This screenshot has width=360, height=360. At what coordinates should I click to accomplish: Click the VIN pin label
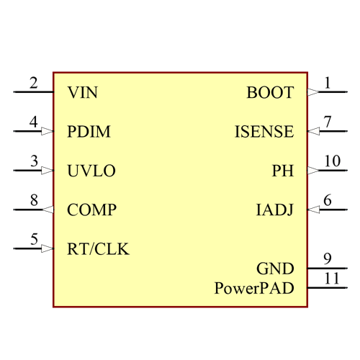82,93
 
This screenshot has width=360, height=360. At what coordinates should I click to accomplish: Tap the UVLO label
91,171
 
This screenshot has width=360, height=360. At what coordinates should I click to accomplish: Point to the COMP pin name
91,210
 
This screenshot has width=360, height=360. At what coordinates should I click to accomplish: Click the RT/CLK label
98,249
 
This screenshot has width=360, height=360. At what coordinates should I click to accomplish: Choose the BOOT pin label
270,93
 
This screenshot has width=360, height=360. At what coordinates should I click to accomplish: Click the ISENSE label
264,132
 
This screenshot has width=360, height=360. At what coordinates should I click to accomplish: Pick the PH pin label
283,171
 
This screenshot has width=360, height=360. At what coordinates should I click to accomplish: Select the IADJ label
275,210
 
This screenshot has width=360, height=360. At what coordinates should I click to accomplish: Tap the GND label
275,269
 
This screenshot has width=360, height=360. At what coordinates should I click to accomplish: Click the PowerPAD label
254,288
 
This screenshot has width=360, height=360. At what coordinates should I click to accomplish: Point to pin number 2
33,83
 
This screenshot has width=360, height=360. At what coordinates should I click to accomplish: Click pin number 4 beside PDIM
33,122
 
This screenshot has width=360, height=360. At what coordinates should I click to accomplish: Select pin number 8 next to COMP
34,200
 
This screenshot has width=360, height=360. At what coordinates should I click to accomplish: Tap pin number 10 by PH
331,161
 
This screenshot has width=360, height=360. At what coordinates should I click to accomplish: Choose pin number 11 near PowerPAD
331,278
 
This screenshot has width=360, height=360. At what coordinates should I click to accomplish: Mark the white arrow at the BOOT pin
312,92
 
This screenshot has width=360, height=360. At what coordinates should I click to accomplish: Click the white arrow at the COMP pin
48,210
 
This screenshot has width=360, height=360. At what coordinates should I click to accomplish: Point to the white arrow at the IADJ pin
313,210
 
